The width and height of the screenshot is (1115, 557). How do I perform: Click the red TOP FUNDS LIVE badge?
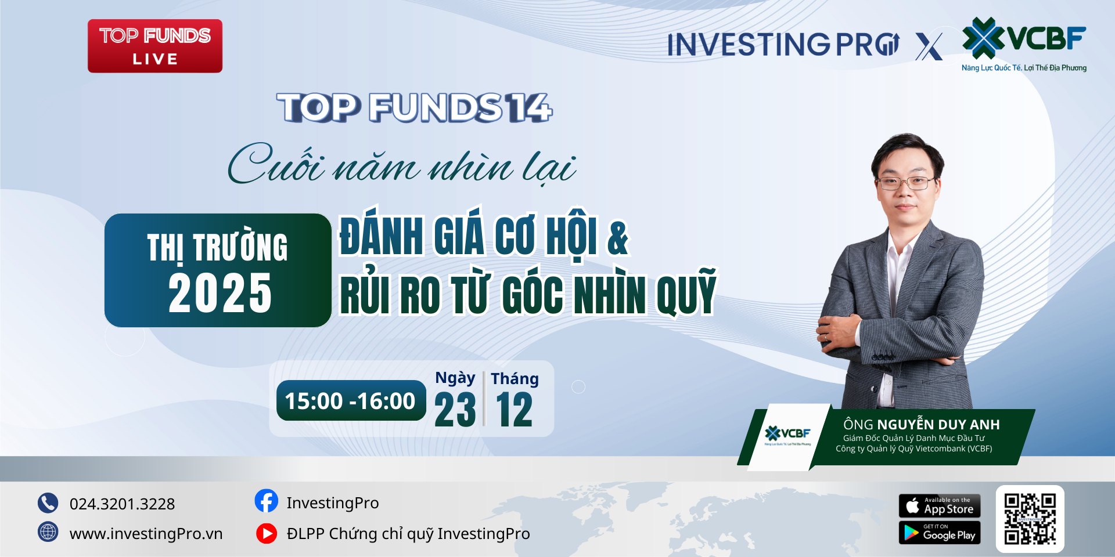[155, 46]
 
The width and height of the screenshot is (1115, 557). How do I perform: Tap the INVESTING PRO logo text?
[783, 45]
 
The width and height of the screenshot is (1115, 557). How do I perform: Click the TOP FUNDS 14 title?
[415, 108]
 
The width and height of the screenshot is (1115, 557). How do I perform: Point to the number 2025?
[220, 294]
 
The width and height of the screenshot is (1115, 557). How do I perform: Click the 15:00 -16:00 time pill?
[351, 400]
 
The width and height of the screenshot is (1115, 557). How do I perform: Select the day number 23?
[455, 410]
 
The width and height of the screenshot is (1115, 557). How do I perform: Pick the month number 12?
[515, 410]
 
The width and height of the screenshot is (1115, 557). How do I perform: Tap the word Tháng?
[515, 379]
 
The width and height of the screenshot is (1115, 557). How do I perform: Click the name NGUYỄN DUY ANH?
[938, 425]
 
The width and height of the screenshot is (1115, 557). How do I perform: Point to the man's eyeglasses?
[906, 183]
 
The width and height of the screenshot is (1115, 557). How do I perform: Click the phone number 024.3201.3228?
[122, 504]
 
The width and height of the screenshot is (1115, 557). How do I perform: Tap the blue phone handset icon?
[48, 503]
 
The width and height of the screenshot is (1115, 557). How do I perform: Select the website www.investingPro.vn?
[146, 534]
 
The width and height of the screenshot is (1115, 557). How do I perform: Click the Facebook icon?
[267, 501]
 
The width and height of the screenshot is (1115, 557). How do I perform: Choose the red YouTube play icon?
[267, 533]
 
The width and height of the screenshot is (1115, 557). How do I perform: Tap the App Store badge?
[940, 506]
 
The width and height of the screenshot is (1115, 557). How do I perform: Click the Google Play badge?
[940, 533]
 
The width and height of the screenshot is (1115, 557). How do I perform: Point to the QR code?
[1030, 519]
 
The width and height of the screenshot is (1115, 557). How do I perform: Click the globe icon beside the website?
[48, 532]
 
